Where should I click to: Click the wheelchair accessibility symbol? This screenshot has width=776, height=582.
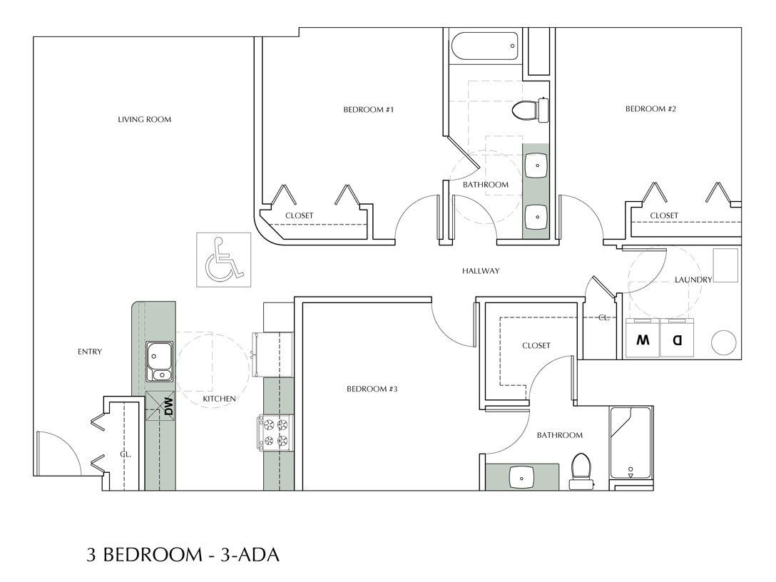(x=221, y=257)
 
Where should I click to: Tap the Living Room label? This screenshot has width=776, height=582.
(x=145, y=119)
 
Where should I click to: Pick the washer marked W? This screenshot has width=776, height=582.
(x=643, y=340)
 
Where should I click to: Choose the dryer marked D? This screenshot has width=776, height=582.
(x=678, y=340)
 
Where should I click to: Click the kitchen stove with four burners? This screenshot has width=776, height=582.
(x=275, y=432)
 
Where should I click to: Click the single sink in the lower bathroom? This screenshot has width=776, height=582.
(x=522, y=476)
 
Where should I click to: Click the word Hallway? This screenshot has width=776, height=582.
(x=480, y=271)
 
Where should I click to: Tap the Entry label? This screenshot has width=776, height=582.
(x=91, y=352)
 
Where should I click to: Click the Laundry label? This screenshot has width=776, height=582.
(x=693, y=280)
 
